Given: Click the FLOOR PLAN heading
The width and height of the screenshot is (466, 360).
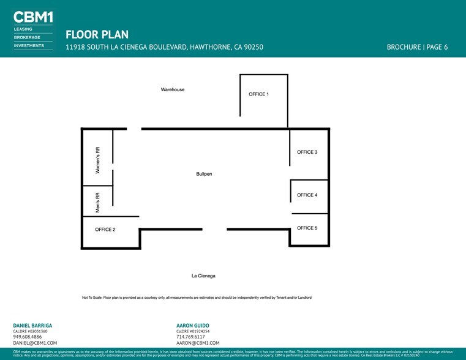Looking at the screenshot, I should click(97, 35).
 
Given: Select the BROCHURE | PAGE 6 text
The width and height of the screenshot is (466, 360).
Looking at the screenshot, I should click(417, 47).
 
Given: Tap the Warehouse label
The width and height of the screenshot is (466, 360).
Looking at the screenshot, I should click(173, 89).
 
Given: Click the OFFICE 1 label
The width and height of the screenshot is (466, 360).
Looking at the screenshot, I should click(258, 94).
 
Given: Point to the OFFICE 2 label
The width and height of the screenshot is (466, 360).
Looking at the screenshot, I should click(105, 230).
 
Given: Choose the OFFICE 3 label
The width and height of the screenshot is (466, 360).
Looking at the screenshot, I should click(307, 152).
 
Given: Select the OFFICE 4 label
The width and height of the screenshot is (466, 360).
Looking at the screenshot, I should click(307, 195).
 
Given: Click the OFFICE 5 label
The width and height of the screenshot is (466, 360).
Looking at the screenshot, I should click(307, 228).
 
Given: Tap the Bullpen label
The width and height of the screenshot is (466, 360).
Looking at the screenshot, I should click(204, 174).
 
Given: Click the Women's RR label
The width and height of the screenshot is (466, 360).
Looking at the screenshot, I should click(97, 160).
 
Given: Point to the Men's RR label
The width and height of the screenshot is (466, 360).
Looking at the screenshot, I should click(97, 202).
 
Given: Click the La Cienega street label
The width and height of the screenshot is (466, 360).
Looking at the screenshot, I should click(203, 276).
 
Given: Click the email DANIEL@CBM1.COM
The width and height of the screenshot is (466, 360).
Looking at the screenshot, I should click(35, 343).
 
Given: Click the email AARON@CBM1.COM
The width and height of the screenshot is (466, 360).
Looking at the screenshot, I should click(198, 343).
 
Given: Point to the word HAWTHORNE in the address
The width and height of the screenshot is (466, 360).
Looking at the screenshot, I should click(210, 47).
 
